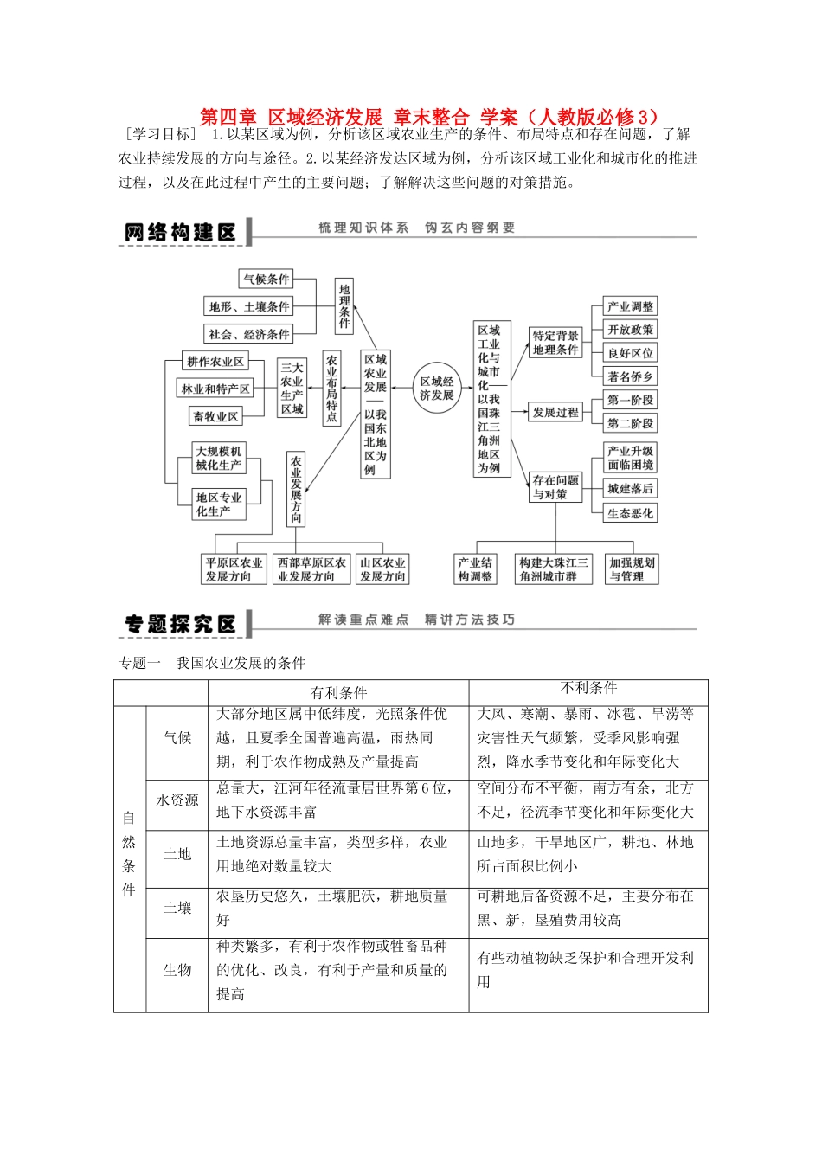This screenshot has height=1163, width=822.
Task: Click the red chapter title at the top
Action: point(429,117)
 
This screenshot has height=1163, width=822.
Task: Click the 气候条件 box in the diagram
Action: point(267,279)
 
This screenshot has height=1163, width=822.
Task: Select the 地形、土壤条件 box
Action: point(249,306)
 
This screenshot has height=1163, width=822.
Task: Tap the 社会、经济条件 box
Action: point(249,334)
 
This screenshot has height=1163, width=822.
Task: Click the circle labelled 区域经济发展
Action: point(437,388)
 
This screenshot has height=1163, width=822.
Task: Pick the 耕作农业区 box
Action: point(215,362)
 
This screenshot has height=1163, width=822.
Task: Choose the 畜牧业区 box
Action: point(215,416)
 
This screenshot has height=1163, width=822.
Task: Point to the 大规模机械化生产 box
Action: point(219,458)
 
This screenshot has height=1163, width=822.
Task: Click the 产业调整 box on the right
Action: point(631,306)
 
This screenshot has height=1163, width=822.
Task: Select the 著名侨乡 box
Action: point(631,376)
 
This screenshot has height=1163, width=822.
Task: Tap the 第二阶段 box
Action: point(631,423)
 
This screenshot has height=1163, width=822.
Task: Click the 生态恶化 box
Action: point(631,513)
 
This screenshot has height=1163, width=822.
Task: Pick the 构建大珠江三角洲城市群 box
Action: point(554,569)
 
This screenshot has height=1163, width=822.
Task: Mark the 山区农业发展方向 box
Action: point(382,569)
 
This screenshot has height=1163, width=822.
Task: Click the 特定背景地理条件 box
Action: point(555,343)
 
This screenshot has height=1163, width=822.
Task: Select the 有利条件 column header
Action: point(338,692)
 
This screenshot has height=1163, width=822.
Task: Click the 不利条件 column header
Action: point(588,688)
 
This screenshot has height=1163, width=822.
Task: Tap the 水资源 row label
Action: point(177,800)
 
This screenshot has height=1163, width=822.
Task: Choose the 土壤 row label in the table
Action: point(177,908)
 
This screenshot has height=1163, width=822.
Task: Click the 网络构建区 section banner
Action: point(181,232)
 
